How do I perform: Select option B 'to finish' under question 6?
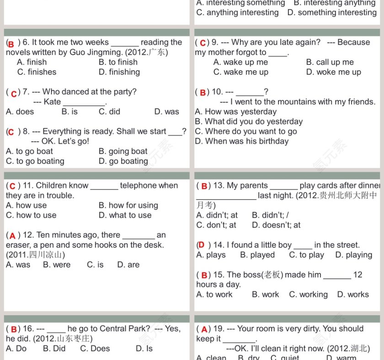pos(118,62)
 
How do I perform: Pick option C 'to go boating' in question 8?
pos(35,161)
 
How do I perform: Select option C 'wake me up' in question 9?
pos(240,72)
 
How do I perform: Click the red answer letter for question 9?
pos(203,43)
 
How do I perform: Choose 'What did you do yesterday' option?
pos(249,122)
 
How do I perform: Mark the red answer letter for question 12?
pos(12,236)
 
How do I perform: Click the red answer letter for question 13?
pos(204,186)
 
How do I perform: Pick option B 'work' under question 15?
pos(265,295)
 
